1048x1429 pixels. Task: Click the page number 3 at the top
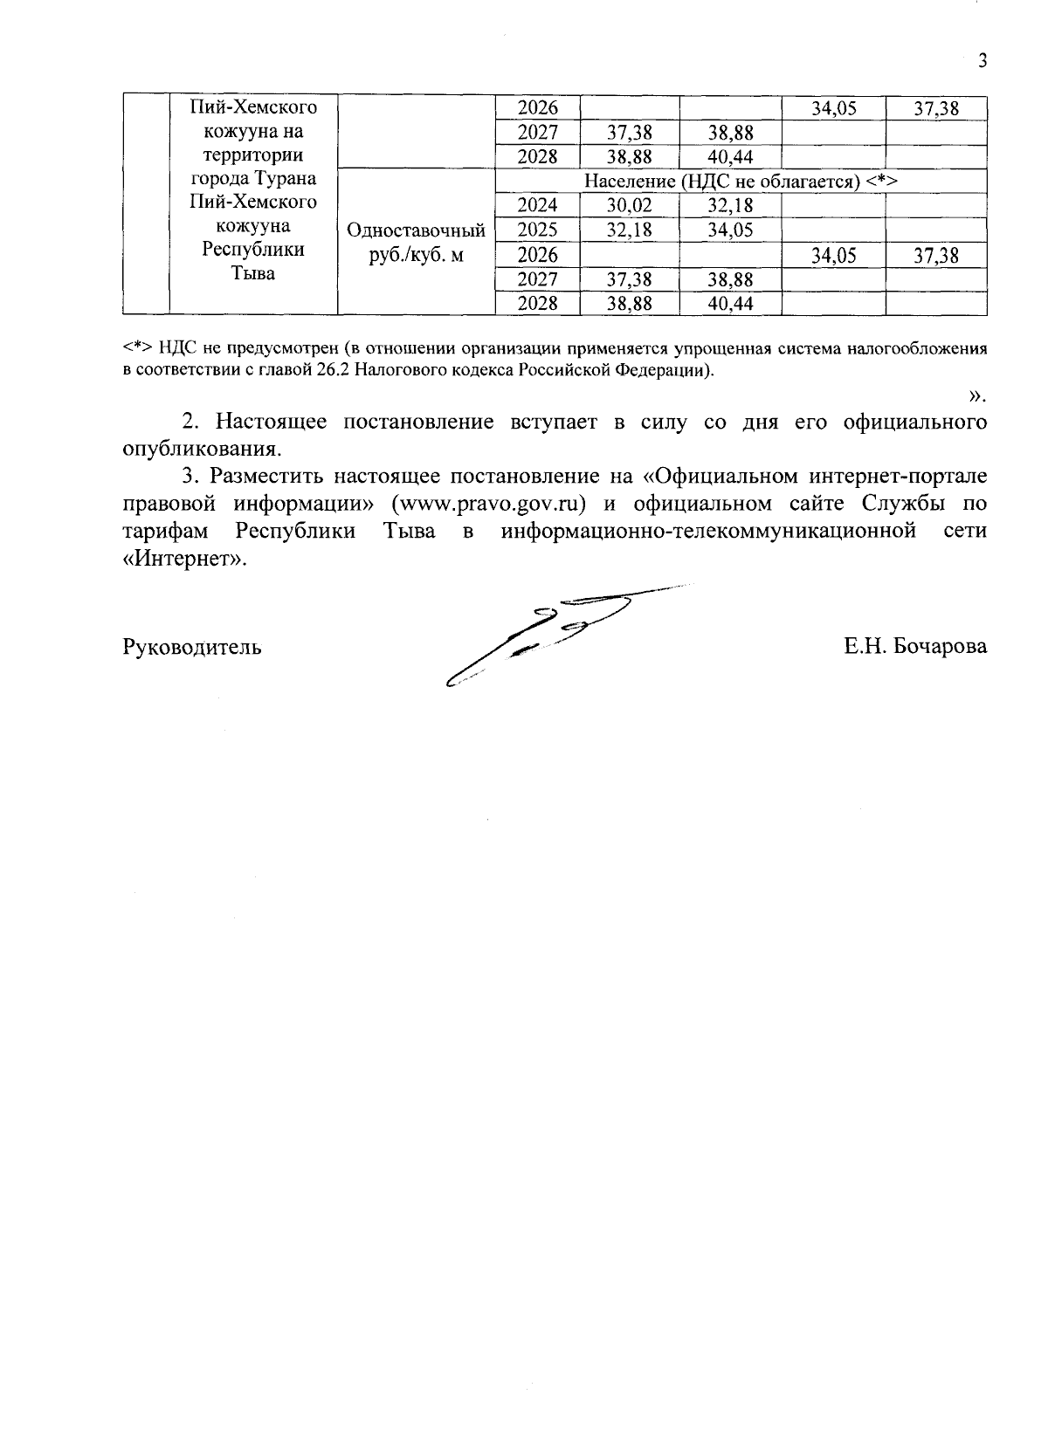pyautogui.click(x=982, y=61)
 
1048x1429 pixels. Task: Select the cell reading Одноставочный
pyautogui.click(x=416, y=231)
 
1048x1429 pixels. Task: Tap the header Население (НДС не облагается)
pyautogui.click(x=741, y=182)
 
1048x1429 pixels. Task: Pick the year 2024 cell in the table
pyautogui.click(x=537, y=206)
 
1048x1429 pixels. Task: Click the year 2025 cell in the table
pyautogui.click(x=537, y=230)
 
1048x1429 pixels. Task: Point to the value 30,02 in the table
pyautogui.click(x=629, y=206)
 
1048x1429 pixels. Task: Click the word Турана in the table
pyautogui.click(x=286, y=179)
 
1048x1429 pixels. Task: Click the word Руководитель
pyautogui.click(x=192, y=647)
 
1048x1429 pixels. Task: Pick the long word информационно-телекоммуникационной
pyautogui.click(x=708, y=532)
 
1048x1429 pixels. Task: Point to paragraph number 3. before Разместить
pyautogui.click(x=191, y=477)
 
